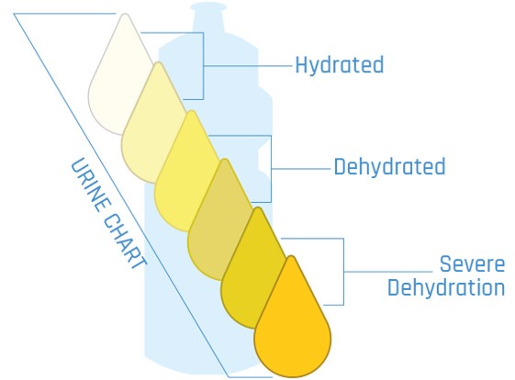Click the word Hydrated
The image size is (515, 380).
click(340, 65)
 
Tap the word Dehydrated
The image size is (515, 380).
click(389, 167)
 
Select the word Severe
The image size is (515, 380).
click(472, 263)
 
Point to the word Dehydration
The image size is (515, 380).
click(446, 287)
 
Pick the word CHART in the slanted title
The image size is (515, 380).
click(125, 241)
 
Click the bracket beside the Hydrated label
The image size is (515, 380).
click(203, 66)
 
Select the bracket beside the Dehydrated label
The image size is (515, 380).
click(271, 169)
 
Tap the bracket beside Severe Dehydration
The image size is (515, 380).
click(343, 272)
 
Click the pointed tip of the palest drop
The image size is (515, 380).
click(125, 14)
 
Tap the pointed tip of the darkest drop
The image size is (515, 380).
click(291, 256)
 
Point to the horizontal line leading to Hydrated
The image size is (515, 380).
click(248, 66)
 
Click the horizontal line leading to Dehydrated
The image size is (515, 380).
click(300, 169)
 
